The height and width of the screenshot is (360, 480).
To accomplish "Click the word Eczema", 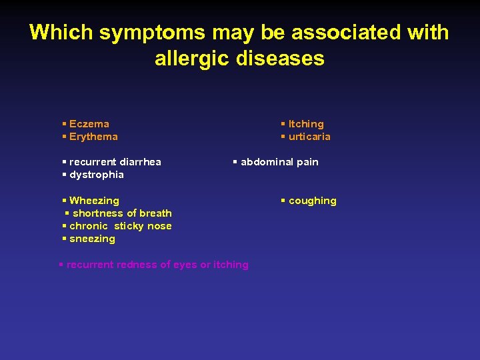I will (x=89, y=124).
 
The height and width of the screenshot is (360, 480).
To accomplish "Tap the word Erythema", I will (x=93, y=137).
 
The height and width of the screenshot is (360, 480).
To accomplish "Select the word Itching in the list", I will (x=306, y=124).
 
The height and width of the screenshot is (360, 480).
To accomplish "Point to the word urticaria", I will (x=309, y=137).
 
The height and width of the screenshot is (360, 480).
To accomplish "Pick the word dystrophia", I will (x=97, y=175).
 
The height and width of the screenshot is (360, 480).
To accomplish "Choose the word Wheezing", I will (x=94, y=201).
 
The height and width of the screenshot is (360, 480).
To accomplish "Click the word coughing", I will (x=313, y=201).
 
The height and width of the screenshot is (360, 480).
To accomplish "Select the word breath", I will (x=155, y=213).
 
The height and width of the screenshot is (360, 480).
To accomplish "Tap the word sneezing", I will (x=92, y=239).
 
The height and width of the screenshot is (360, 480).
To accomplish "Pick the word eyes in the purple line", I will (x=185, y=265).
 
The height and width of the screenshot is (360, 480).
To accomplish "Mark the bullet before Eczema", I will (x=63, y=124).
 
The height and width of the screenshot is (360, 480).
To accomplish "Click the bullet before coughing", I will (x=283, y=201).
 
